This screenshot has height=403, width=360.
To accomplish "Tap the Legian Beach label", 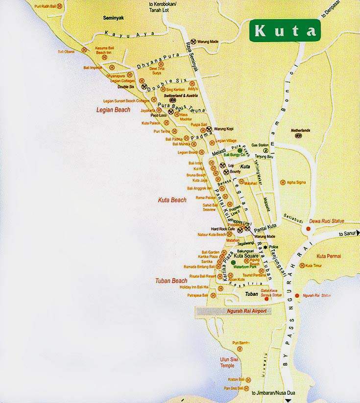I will (113, 110).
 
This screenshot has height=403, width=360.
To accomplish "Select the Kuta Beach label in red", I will (172, 200).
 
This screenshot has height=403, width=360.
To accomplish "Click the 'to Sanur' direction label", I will (348, 235).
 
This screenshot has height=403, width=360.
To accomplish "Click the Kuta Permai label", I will (329, 256).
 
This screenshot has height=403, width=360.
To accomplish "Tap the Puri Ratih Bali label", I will (44, 6).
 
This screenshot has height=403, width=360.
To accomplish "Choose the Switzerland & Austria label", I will (170, 95).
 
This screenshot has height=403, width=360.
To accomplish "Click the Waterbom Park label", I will (245, 267).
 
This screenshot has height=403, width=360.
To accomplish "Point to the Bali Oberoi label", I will (66, 51).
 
